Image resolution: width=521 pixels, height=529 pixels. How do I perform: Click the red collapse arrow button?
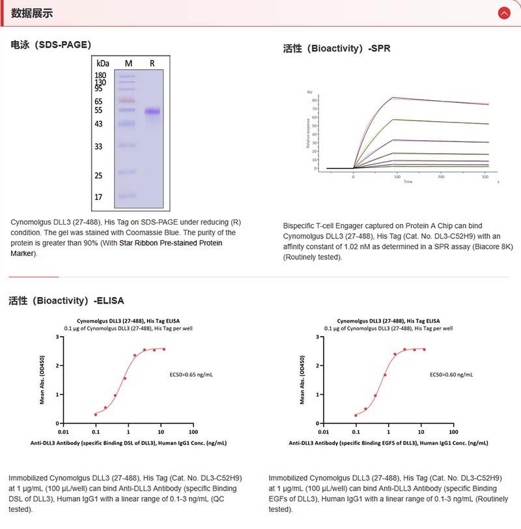(503, 13)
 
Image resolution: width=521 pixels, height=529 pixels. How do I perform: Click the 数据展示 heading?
(32, 13)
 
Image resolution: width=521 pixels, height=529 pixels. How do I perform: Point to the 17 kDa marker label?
(99, 197)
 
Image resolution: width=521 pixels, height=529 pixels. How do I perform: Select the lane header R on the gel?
(152, 63)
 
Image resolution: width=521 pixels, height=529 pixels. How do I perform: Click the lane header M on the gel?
(128, 63)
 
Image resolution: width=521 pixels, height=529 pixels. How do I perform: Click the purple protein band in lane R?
(152, 112)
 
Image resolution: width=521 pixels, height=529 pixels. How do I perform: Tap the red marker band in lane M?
(127, 100)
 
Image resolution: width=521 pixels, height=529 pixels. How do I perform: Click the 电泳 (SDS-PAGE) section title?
(51, 45)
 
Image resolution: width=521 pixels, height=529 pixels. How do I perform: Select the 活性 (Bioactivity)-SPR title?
(337, 48)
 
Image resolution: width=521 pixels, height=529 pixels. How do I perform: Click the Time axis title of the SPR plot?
(408, 182)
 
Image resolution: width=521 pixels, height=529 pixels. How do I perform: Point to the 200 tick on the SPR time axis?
(441, 177)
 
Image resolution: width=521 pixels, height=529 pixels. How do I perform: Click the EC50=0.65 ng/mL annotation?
(191, 375)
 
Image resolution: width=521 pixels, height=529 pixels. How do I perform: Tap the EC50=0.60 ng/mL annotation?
(451, 375)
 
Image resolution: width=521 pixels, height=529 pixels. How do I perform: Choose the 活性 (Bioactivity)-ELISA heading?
(66, 300)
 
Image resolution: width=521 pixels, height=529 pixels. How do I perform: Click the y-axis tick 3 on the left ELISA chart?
(57, 337)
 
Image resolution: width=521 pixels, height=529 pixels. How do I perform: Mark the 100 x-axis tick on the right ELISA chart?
(453, 431)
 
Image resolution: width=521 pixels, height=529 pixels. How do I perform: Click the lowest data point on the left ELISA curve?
(96, 414)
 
